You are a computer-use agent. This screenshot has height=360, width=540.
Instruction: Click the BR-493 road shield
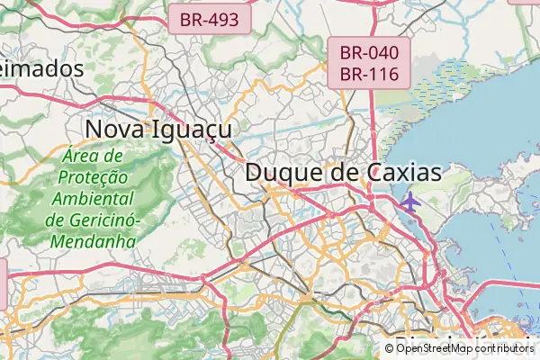(x=209, y=19)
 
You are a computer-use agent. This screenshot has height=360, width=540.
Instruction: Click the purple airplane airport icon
(x=409, y=201)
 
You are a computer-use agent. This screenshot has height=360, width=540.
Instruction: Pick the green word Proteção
(x=94, y=177)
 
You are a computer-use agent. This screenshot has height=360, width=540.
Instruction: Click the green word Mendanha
(x=93, y=241)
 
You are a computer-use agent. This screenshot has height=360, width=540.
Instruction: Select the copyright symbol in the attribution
(x=389, y=348)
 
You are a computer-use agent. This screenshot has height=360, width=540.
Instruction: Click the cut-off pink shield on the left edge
(x=3, y=281)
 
